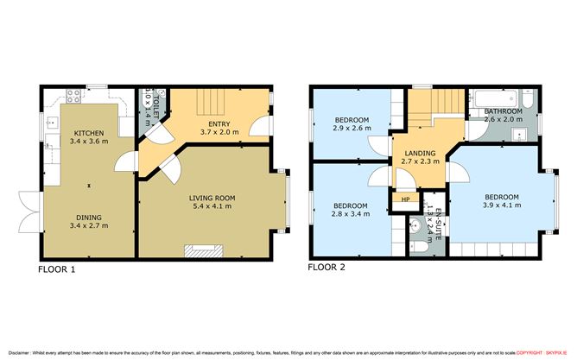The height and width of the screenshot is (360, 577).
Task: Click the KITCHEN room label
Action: pos(87,132)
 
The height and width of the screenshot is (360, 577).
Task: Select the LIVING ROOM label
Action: pos(212,198)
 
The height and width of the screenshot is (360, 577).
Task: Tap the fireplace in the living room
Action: pos(204,251)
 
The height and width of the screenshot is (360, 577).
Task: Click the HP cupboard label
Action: pos(405,199)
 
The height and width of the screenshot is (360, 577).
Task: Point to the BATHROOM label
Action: pos(503,111)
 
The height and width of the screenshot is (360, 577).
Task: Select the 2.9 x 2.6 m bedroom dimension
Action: pos(352,128)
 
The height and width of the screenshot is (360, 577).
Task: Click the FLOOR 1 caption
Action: pos(57,269)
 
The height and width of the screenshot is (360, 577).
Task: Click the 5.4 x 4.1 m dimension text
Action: pos(212,207)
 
